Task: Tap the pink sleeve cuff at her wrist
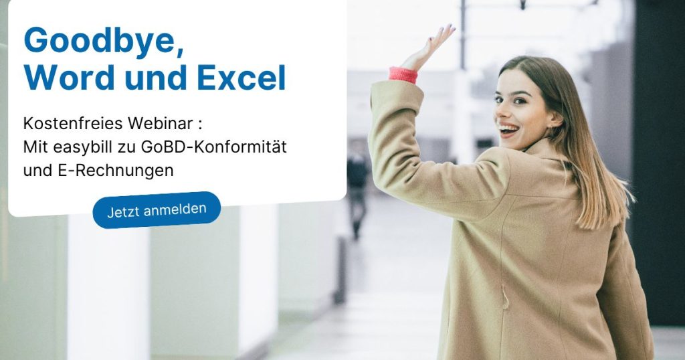tap(403, 74)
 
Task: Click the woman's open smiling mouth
tap(508, 128)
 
